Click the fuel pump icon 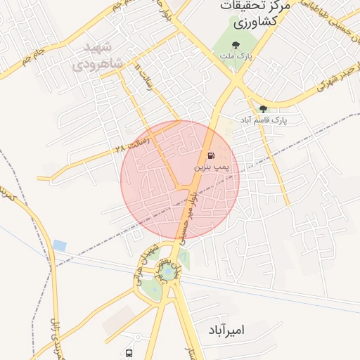(210, 155)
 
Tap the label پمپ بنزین (212, 169)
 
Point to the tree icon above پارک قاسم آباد (264, 109)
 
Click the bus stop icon (129, 352)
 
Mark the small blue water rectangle (60, 245)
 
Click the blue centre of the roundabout (169, 271)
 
